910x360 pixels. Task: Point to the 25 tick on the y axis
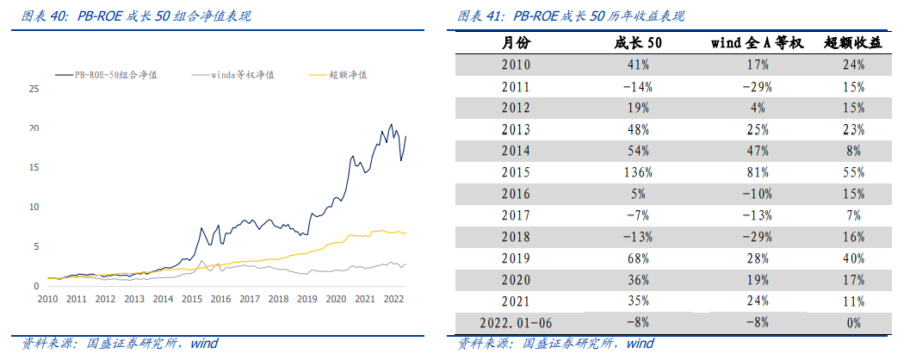pyautogui.click(x=34, y=89)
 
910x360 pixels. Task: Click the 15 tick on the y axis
pyautogui.click(x=34, y=167)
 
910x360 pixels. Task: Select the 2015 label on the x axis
pyautogui.click(x=191, y=299)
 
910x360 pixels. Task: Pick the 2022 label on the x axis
pyautogui.click(x=393, y=299)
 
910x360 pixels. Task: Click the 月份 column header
pyautogui.click(x=516, y=42)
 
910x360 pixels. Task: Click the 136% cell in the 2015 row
pyautogui.click(x=638, y=172)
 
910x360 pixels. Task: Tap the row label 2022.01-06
pyautogui.click(x=516, y=323)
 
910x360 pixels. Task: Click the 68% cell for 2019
pyautogui.click(x=638, y=258)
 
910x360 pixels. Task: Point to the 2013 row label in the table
pyautogui.click(x=516, y=129)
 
